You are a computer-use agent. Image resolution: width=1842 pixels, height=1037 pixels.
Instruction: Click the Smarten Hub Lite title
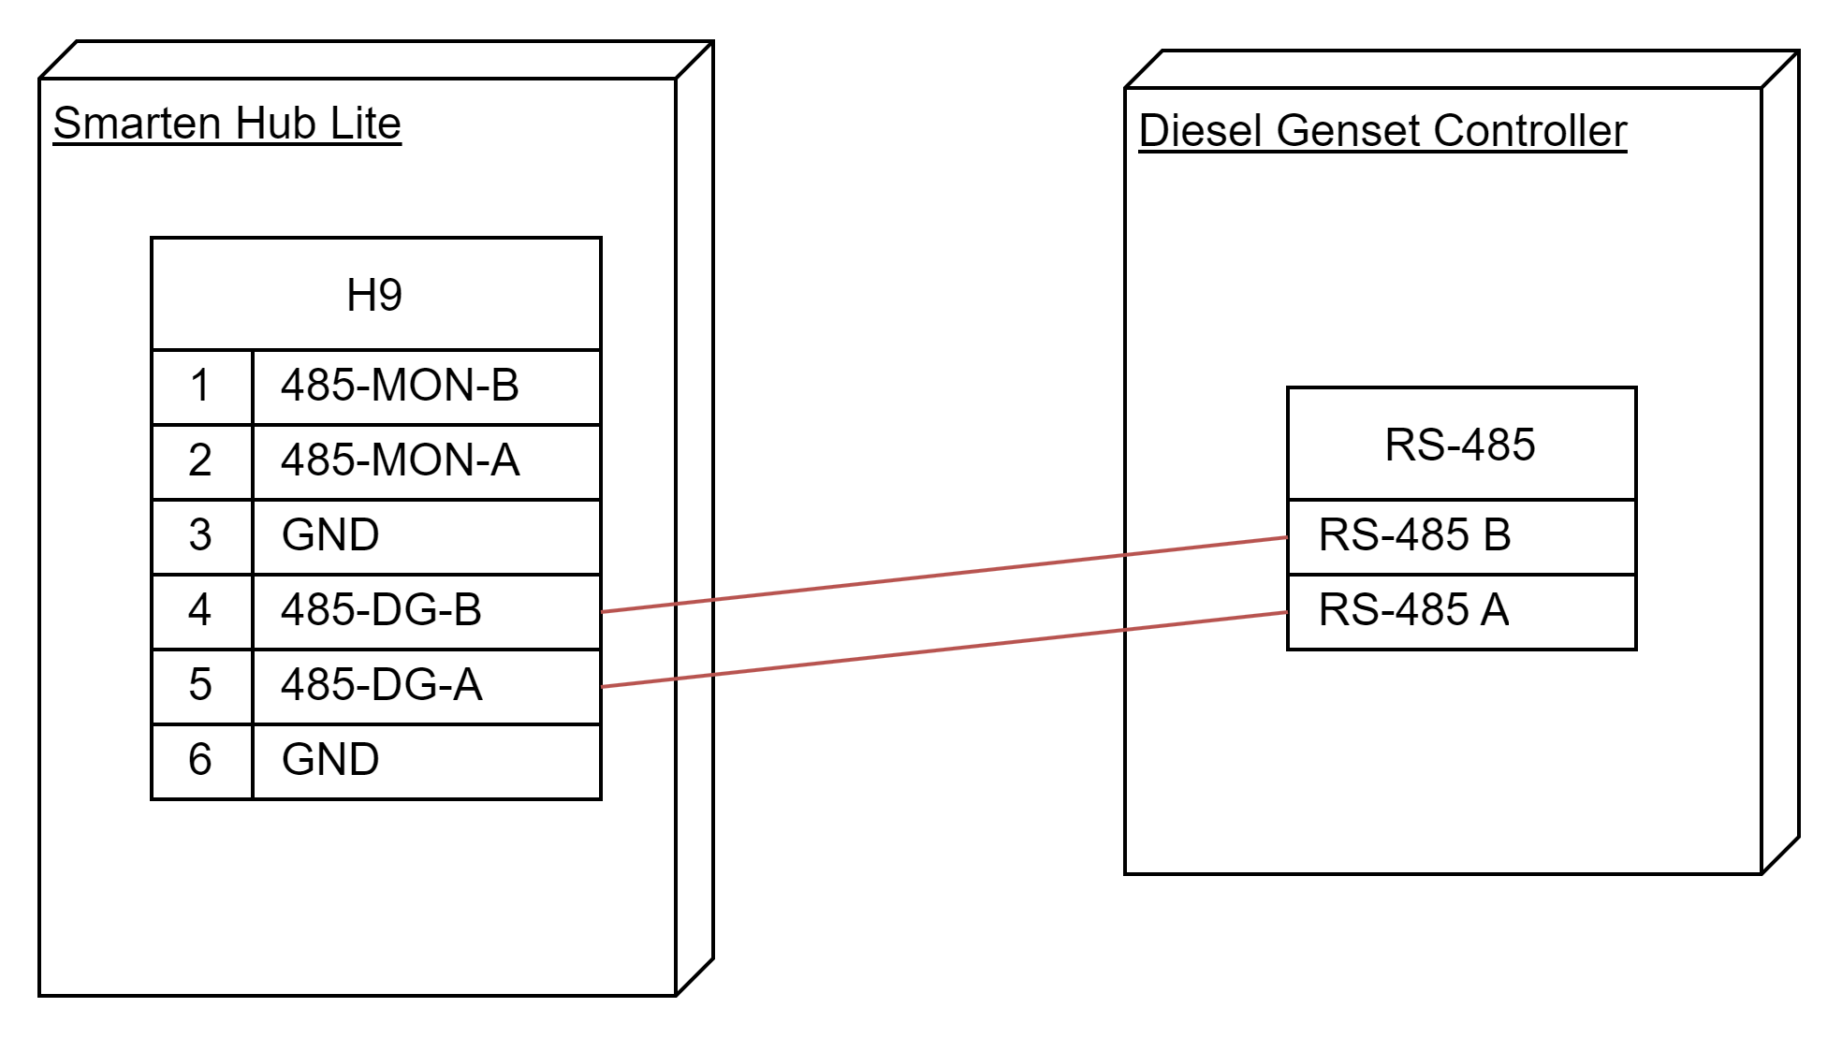coord(227,124)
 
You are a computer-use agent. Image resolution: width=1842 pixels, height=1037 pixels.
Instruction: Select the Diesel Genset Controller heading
coord(1382,131)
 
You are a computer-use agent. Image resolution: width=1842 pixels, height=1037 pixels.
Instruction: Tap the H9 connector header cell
coord(375,295)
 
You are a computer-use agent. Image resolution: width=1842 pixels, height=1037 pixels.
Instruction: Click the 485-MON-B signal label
coord(400,386)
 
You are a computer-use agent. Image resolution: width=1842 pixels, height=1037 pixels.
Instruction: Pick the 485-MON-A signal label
coord(400,460)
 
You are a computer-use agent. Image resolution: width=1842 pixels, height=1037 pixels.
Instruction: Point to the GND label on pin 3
coord(330,535)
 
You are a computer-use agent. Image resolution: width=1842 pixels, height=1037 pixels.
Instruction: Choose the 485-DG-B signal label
coord(381,610)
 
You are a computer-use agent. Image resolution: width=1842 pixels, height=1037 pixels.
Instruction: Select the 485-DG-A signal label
coord(381,685)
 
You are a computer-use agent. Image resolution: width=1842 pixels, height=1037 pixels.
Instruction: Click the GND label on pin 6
coord(330,759)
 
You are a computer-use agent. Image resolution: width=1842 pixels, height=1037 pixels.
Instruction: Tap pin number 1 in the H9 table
coord(200,386)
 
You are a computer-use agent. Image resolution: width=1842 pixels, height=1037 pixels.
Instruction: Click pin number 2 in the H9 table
coord(200,460)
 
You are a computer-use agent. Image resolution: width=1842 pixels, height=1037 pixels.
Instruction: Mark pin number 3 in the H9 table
coord(200,535)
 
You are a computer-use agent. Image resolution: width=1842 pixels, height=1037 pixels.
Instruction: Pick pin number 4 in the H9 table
coord(200,610)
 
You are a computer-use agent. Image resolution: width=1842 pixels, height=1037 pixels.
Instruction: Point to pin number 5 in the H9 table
coord(200,685)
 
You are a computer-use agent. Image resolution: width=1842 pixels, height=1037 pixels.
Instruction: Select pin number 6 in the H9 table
coord(200,759)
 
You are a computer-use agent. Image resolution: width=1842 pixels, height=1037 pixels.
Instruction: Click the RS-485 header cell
coord(1461,445)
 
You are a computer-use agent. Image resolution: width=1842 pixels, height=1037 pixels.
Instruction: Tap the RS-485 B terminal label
coord(1414,535)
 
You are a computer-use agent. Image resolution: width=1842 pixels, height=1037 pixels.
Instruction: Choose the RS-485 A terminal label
coord(1413,610)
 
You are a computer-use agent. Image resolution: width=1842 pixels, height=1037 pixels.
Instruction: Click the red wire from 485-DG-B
coord(944,575)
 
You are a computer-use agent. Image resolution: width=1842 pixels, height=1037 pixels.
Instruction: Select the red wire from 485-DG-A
coord(944,650)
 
